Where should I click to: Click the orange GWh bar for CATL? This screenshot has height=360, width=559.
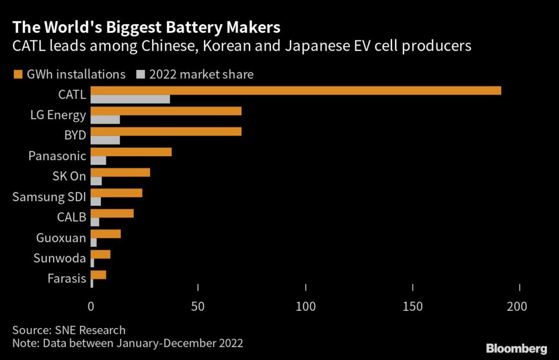[x=295, y=90]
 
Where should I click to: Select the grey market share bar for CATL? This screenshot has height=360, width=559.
[x=130, y=99]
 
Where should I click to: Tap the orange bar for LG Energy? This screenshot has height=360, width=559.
[x=165, y=111]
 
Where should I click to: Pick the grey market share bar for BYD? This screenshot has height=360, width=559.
[x=105, y=140]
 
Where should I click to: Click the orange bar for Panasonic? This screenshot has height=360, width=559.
[x=131, y=152]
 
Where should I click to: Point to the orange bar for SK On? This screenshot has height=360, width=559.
[x=120, y=173]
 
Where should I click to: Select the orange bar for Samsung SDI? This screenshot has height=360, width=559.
[x=116, y=193]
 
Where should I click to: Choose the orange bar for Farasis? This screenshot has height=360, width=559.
[x=98, y=274]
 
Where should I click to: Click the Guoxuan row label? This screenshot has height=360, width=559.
[x=61, y=238]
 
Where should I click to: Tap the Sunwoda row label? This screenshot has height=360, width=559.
[x=60, y=258]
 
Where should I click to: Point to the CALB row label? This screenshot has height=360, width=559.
[x=72, y=217]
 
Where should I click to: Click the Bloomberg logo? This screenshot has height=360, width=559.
[x=516, y=348]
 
